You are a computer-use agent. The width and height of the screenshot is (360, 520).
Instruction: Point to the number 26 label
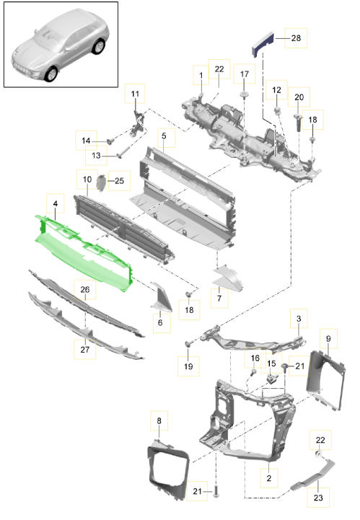[x=85, y=290]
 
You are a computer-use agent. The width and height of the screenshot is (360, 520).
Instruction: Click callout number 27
[x=85, y=349]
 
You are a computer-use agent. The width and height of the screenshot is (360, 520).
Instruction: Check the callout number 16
[x=254, y=358]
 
